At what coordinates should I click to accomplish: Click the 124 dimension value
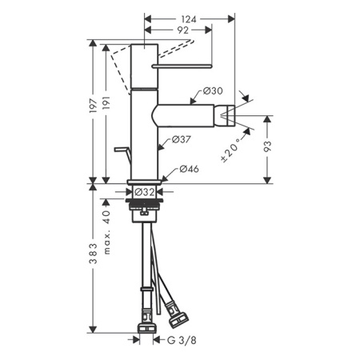pos(189,19)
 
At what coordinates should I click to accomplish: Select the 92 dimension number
pos(182,30)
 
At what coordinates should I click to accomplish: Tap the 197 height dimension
pos(93,106)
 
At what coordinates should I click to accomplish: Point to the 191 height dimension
pos(106,102)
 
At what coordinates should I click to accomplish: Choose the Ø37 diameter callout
pos(182,139)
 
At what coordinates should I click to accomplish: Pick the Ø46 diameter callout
pos(189,169)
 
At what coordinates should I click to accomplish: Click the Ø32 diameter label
pos(144,192)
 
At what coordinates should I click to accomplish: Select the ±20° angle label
pos(231,150)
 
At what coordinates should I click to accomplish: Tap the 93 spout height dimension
pos(267,146)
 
